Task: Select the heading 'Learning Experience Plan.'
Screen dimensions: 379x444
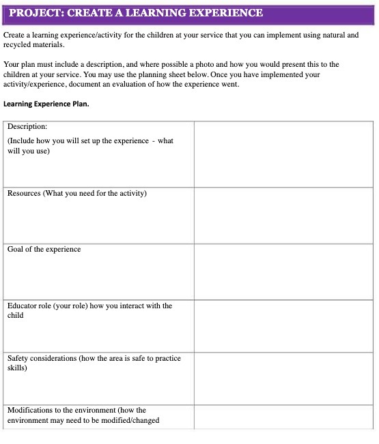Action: click(46, 104)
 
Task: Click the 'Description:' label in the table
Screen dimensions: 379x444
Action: click(27, 126)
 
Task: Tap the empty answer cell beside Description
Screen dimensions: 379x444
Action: click(283, 153)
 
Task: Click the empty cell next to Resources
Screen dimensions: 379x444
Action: click(283, 216)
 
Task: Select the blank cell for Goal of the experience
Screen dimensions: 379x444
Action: click(283, 271)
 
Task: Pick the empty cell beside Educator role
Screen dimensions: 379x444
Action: click(283, 325)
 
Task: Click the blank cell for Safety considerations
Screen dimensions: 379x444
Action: click(283, 378)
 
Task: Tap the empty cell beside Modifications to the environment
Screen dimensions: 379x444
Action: click(283, 416)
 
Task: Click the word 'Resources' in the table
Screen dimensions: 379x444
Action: click(25, 193)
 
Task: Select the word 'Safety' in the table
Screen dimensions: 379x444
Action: click(18, 357)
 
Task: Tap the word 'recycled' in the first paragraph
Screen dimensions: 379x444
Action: click(18, 44)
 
